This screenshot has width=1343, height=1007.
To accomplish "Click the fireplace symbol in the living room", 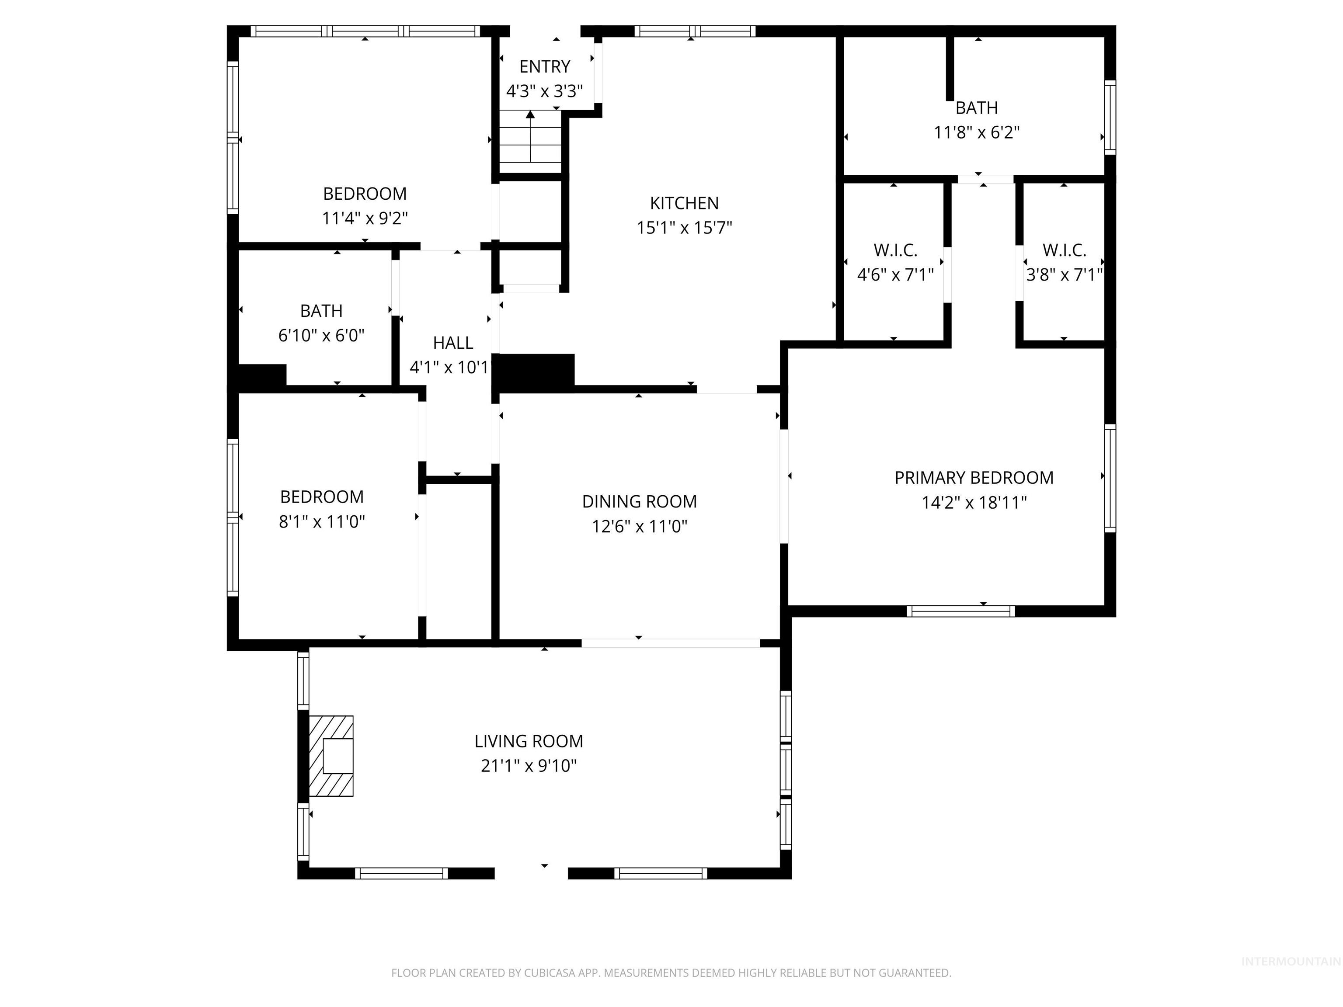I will pyautogui.click(x=331, y=756).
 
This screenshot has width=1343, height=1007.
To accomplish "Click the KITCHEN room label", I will pyautogui.click(x=684, y=203).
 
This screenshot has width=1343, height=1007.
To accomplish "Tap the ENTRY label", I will pyautogui.click(x=545, y=66).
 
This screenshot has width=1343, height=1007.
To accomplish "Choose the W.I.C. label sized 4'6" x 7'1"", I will pyautogui.click(x=895, y=250).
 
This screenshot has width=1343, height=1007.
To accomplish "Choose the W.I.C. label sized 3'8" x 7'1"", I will pyautogui.click(x=1064, y=250).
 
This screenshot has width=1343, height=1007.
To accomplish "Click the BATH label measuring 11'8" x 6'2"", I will pyautogui.click(x=976, y=108).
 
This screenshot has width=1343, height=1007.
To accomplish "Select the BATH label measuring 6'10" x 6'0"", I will pyautogui.click(x=321, y=311).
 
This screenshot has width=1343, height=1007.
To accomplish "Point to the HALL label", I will pyautogui.click(x=453, y=343).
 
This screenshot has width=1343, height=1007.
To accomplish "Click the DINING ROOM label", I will pyautogui.click(x=639, y=501).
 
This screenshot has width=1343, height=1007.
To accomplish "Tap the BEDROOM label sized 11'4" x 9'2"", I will pyautogui.click(x=364, y=194).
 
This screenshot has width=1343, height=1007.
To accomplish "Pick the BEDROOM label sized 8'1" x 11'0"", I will pyautogui.click(x=322, y=497).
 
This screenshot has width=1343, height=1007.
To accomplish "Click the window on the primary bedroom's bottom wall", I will pyautogui.click(x=960, y=611).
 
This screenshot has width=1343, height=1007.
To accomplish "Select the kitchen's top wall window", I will pyautogui.click(x=695, y=31).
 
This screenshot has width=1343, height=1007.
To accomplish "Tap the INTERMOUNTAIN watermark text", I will pyautogui.click(x=1290, y=962).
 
